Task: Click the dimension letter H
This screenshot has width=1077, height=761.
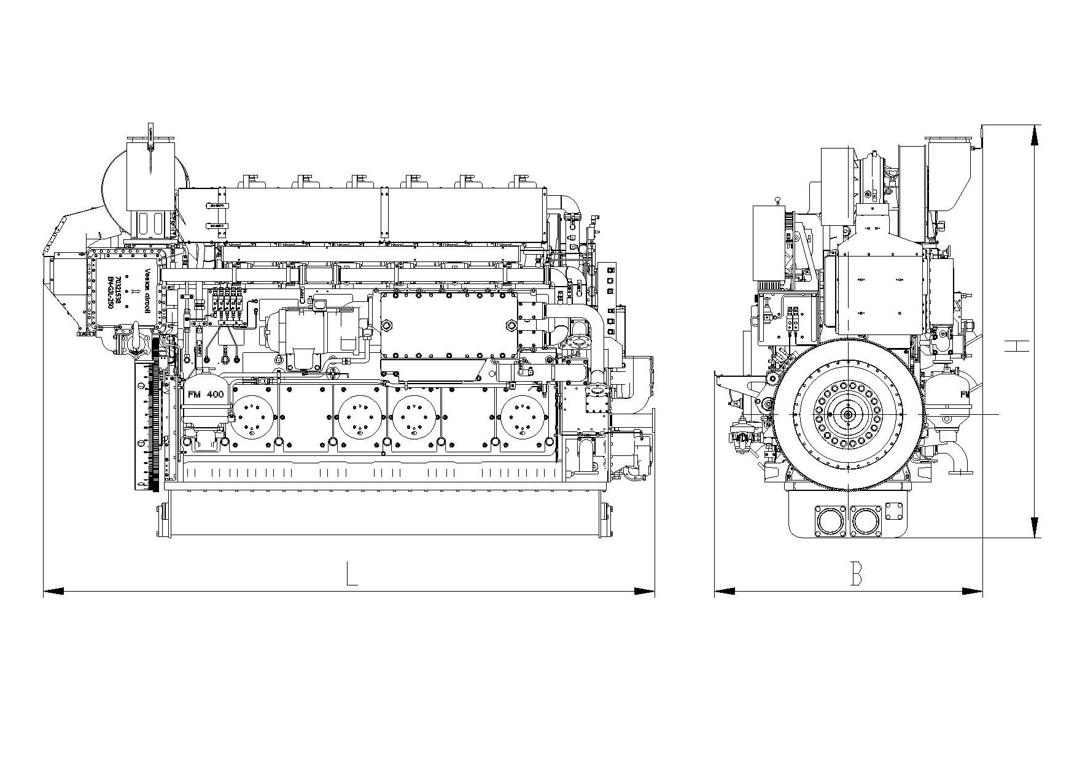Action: click(x=1016, y=346)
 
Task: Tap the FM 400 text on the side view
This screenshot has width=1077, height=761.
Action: click(x=206, y=394)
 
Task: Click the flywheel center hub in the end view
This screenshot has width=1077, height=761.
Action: click(x=849, y=415)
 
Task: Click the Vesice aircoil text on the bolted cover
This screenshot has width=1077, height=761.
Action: click(x=147, y=291)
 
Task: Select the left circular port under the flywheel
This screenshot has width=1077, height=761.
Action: click(x=830, y=521)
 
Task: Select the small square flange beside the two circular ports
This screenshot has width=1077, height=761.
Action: click(x=893, y=511)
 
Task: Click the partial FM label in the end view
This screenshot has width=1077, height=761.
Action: click(x=964, y=394)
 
